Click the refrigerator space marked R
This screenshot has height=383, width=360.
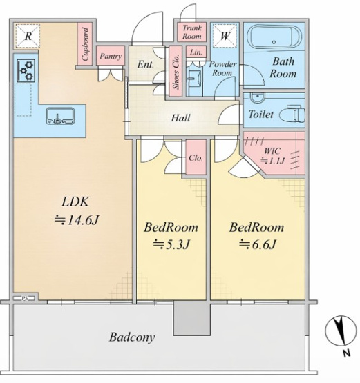pos(28,36)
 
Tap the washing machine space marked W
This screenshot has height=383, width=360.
pos(225,36)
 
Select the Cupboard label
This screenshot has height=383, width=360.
pos(85,44)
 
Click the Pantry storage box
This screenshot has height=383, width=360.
pos(111,56)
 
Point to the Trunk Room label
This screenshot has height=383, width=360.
pos(192,32)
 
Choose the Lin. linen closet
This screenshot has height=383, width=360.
pos(196,52)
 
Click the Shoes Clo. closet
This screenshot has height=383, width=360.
pos(176,71)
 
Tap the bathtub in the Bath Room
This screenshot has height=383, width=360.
pos(274,37)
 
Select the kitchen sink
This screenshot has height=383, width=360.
pos(60,116)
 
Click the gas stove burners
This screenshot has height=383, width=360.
pos(26,71)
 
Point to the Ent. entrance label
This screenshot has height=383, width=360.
pos(146,65)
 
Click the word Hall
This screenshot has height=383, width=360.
pos(181,118)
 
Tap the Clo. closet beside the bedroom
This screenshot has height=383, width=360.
pos(196,157)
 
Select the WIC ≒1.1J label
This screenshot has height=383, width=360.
pos(272,155)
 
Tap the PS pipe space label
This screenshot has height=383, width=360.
pos(24,298)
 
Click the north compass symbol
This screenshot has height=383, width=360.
pos(341,331)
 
